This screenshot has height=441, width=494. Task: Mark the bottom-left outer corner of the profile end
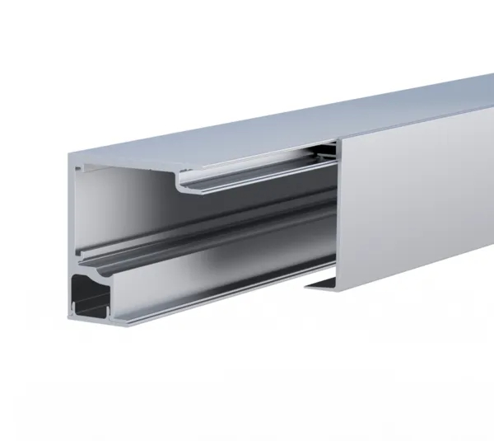click(x=68, y=316)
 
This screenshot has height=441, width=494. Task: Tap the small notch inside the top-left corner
click(x=78, y=168)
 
